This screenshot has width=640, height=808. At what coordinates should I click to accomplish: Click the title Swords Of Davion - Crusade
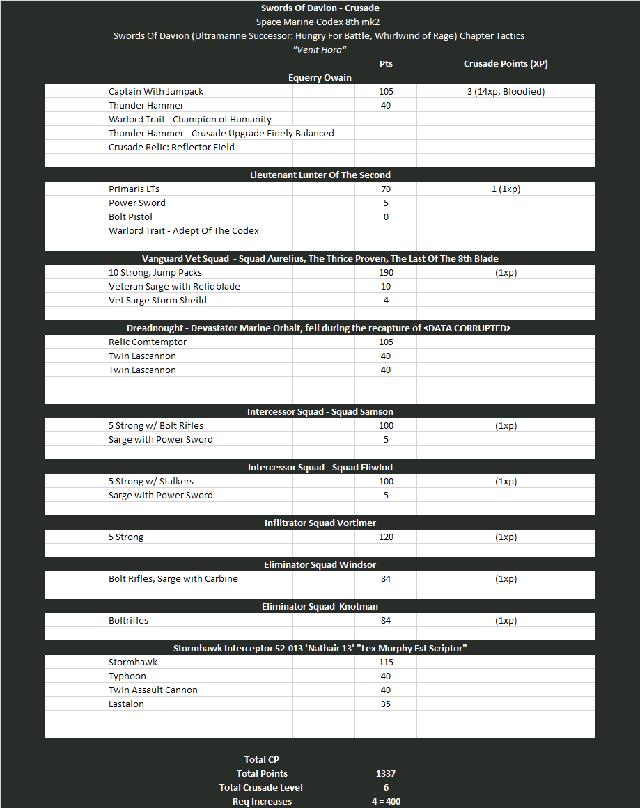320,8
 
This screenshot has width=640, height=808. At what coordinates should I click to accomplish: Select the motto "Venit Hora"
320,49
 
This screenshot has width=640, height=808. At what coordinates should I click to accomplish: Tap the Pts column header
386,63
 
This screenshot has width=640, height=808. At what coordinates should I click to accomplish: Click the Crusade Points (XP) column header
505,63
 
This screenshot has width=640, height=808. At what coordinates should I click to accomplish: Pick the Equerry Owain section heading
320,77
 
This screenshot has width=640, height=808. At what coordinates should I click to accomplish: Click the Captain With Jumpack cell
156,91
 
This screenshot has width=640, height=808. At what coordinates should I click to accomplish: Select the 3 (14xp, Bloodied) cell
506,91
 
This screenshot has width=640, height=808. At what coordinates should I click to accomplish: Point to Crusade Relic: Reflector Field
171,147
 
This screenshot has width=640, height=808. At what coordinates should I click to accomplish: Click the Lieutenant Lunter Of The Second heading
320,175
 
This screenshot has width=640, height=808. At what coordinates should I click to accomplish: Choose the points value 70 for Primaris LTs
386,189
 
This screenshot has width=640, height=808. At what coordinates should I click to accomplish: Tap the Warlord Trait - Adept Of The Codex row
184,230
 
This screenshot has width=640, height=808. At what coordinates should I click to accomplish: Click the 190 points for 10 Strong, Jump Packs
386,272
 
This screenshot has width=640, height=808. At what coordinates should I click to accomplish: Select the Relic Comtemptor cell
148,342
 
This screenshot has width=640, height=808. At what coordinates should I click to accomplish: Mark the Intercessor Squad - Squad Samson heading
320,411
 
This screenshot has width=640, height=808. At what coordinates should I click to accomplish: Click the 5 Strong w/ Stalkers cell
151,481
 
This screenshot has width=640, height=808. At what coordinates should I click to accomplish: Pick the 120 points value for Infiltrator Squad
386,537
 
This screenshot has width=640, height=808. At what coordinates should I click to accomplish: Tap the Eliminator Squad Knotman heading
320,606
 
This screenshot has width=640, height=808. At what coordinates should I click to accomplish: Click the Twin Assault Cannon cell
153,690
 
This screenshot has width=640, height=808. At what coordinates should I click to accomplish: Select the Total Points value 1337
386,773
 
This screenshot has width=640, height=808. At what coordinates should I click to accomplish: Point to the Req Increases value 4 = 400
386,801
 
